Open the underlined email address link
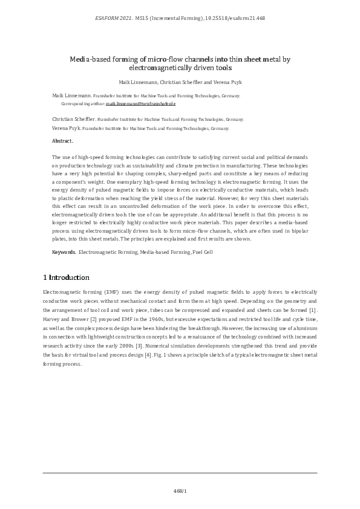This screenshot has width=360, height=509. point(140,104)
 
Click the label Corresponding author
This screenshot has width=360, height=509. point(83,104)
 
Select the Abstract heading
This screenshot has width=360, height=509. point(63,141)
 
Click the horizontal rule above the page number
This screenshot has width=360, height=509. point(180,473)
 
